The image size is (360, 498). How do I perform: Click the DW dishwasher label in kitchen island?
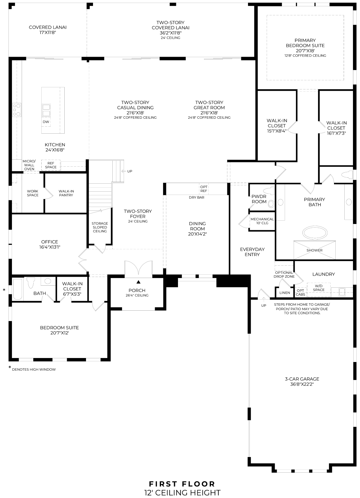[x=46, y=122]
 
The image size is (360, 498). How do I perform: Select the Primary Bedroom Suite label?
[x=305, y=43]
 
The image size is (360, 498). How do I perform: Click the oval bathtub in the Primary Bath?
[x=314, y=232]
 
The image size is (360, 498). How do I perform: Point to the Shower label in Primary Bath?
[x=314, y=250]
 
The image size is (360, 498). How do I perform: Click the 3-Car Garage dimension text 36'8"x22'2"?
[x=302, y=384]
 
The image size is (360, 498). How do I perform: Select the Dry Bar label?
[x=197, y=197]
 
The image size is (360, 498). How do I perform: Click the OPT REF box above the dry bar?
[x=204, y=189]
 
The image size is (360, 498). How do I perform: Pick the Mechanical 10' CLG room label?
[x=262, y=221]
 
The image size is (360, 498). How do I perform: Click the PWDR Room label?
[x=259, y=199]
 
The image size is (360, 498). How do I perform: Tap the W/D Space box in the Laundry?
[x=319, y=288]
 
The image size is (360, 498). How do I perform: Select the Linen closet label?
[x=285, y=293]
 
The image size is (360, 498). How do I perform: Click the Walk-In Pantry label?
[x=66, y=193]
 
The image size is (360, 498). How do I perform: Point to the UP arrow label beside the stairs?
[x=129, y=171]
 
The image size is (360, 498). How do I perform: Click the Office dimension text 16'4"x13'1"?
[x=50, y=247]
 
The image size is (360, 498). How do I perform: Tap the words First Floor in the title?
[x=182, y=484]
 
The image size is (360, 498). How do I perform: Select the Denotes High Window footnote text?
[x=34, y=369]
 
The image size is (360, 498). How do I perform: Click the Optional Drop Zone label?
[x=284, y=274]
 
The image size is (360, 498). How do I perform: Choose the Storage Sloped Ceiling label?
[x=100, y=227]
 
